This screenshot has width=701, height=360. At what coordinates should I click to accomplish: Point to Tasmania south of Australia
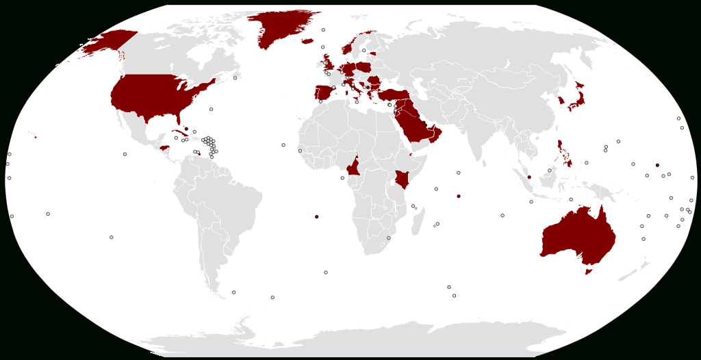[x=587, y=272]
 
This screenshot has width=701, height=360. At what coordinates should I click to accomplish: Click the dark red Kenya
[x=403, y=179]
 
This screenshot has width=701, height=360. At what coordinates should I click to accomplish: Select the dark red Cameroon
[x=354, y=168]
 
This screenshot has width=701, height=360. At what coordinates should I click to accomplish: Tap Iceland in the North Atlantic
[x=307, y=40]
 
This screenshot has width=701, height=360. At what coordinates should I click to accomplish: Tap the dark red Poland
[x=363, y=66]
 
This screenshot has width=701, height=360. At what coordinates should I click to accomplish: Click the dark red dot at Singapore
[x=529, y=177]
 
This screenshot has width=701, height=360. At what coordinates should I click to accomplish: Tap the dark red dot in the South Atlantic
[x=316, y=217]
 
